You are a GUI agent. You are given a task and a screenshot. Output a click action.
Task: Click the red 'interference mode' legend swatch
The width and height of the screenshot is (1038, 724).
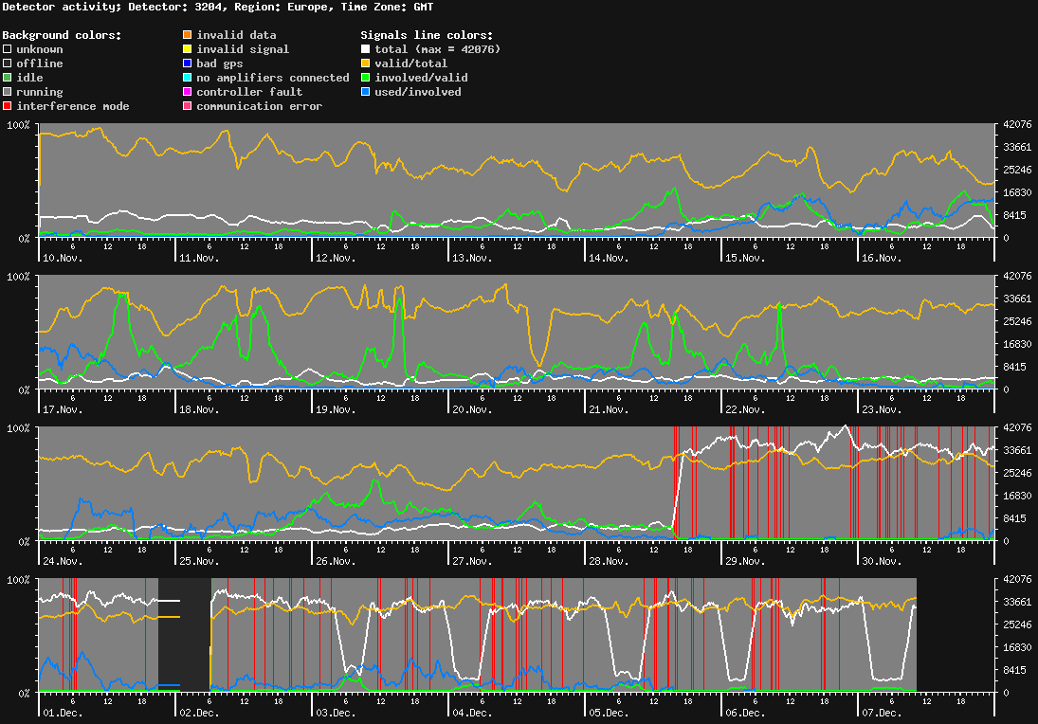[x=8, y=106]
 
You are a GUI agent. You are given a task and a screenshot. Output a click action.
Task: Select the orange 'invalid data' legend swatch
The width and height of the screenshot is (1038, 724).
[x=188, y=35]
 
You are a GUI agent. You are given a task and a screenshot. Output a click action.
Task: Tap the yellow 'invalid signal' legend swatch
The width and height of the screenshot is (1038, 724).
[x=188, y=49]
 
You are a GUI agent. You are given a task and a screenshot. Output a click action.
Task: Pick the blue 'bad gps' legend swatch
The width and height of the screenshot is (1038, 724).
[x=188, y=63]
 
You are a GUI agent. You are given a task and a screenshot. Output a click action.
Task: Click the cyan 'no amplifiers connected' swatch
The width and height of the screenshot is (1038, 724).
[x=188, y=78]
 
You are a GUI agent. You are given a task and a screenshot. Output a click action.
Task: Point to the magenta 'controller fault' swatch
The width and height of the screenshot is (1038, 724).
[x=188, y=92]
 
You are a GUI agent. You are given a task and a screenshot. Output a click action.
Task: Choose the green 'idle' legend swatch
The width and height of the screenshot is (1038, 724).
[x=8, y=78]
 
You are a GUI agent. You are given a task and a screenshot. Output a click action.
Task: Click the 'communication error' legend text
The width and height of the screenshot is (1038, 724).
[x=259, y=106]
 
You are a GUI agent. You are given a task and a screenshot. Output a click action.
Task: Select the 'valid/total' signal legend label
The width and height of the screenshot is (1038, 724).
[x=410, y=63]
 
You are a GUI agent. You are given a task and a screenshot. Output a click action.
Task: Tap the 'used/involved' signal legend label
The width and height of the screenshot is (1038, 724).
[x=417, y=92]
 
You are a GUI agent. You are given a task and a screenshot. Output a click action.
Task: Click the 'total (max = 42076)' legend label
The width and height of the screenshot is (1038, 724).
[x=437, y=49]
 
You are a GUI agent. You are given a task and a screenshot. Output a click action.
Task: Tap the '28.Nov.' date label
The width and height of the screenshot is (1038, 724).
[x=608, y=561]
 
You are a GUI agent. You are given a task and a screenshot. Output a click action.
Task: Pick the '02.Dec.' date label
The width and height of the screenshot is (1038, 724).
[x=200, y=713]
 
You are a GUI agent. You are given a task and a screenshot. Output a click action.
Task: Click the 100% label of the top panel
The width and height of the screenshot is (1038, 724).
[x=19, y=125]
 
